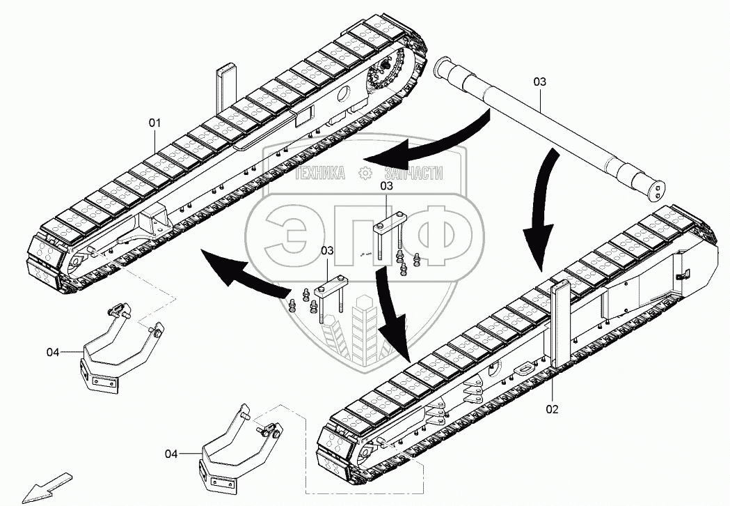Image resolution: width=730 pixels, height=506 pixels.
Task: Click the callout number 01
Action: click(x=154, y=123)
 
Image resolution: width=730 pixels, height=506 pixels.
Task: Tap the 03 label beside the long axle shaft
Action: click(x=540, y=82)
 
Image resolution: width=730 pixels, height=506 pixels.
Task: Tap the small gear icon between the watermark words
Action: click(x=365, y=175)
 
